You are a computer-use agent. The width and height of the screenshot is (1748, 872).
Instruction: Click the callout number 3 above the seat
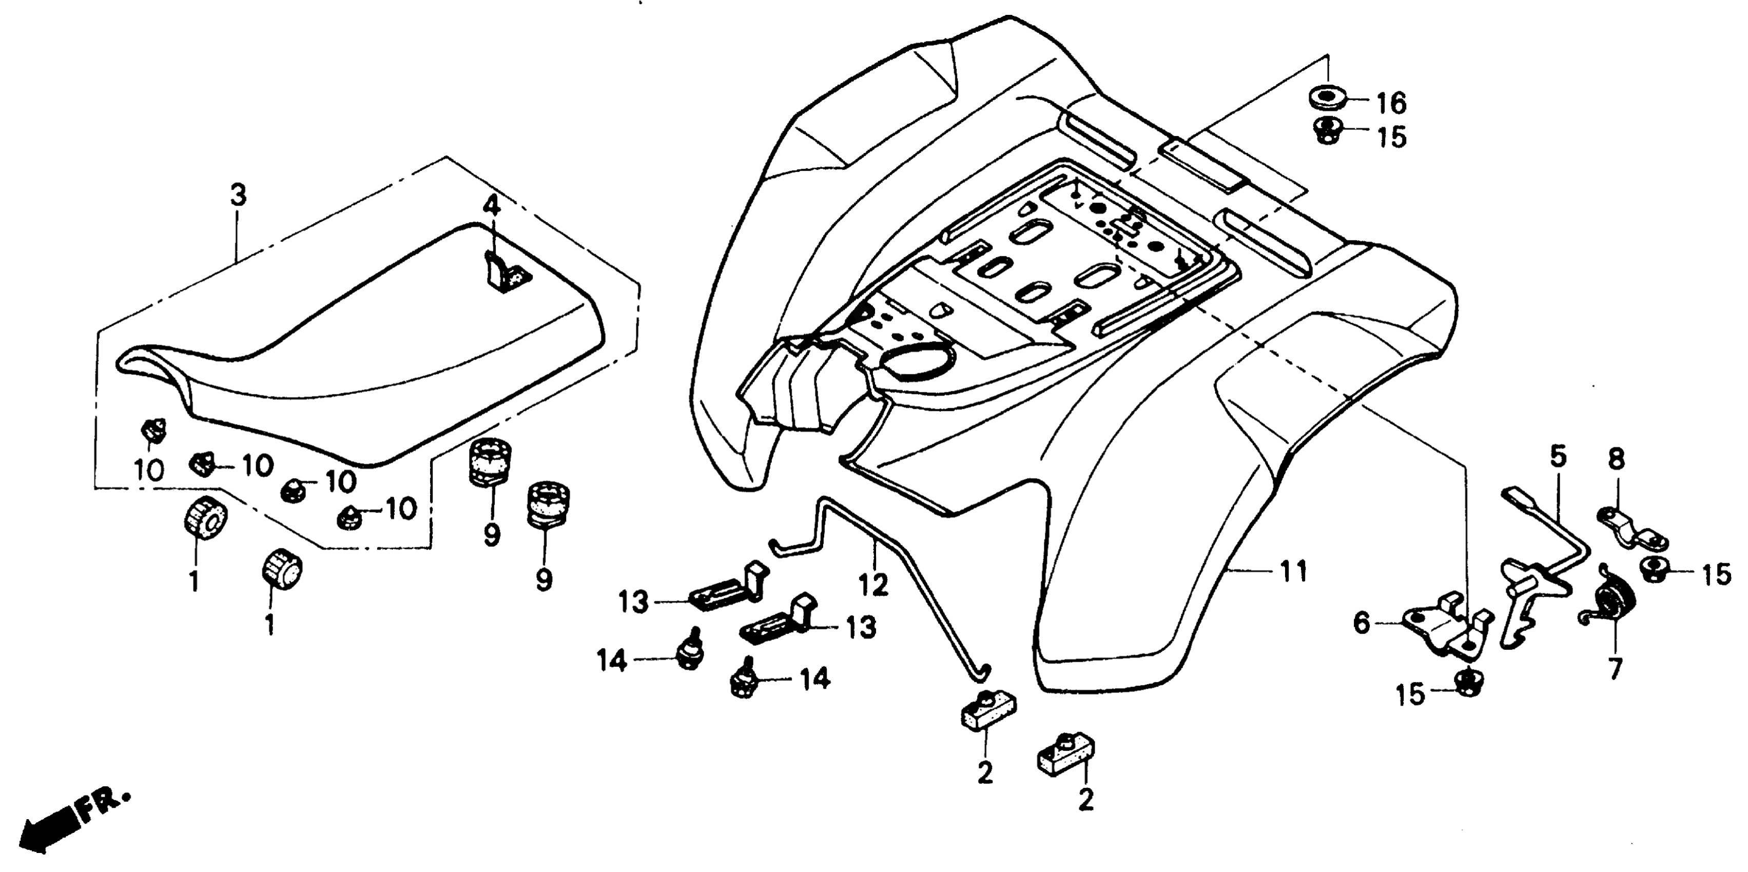pos(238,195)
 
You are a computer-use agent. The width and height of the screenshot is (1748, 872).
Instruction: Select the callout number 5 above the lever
pos(1559,457)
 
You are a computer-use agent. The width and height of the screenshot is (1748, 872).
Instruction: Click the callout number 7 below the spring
pos(1615,668)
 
